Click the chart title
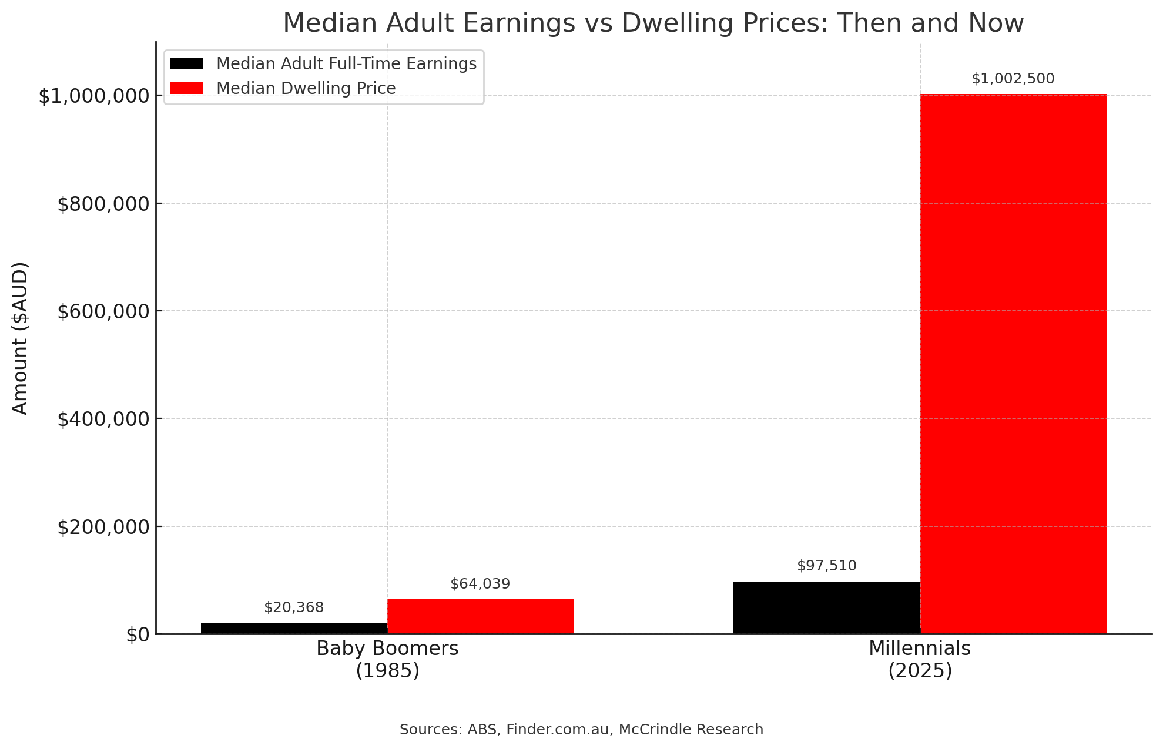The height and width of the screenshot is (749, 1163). click(x=653, y=23)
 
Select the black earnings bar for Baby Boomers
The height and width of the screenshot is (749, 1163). click(x=294, y=628)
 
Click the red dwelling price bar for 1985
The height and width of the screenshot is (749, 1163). click(x=480, y=616)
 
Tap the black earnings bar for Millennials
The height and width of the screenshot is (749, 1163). click(x=826, y=607)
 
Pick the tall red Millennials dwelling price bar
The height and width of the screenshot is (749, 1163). click(x=1013, y=364)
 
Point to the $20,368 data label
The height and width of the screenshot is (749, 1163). click(x=294, y=607)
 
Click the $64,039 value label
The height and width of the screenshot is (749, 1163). click(x=480, y=584)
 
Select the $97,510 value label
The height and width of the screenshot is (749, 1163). click(x=826, y=566)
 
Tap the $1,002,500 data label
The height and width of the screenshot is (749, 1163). click(x=1013, y=79)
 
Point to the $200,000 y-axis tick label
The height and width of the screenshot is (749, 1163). click(x=103, y=527)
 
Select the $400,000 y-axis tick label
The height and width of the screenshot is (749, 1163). click(x=103, y=419)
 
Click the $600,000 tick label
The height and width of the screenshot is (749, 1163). click(x=103, y=311)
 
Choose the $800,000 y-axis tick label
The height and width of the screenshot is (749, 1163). click(x=103, y=204)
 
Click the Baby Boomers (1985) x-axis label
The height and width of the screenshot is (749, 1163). click(x=387, y=659)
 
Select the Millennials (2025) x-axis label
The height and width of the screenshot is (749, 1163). click(x=920, y=659)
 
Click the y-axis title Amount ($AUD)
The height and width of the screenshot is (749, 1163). click(x=20, y=338)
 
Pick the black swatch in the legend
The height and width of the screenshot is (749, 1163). click(x=187, y=63)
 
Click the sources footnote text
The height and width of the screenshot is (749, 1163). click(x=581, y=730)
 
